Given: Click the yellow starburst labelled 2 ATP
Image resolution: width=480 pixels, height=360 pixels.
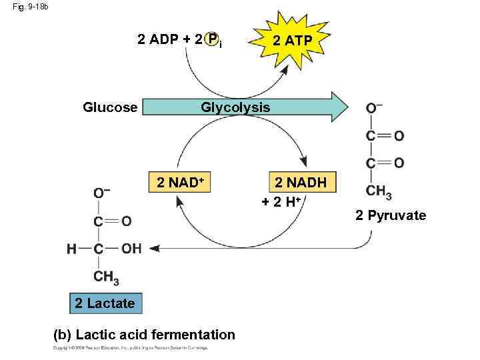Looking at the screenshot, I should [289, 41].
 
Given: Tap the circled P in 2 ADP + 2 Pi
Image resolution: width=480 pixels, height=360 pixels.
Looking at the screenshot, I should [212, 39].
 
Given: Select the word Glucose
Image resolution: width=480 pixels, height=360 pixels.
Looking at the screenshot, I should [110, 107].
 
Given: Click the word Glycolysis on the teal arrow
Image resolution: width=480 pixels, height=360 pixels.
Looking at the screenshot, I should [235, 107].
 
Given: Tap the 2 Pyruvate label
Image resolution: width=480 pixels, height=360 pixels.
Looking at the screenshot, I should [390, 215].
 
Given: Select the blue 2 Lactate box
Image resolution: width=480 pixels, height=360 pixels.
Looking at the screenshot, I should [105, 303].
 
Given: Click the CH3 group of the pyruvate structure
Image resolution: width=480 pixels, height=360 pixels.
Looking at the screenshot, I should [378, 192].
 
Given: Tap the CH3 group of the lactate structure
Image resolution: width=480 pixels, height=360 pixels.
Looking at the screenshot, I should [107, 276].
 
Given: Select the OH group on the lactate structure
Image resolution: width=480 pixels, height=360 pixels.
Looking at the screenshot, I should [131, 249].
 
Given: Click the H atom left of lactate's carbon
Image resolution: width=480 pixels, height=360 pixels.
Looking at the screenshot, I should [71, 249].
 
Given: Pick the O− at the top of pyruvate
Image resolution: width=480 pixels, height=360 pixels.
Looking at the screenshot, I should [374, 109].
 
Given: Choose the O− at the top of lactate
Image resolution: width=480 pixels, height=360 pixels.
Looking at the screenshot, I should [102, 193].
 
